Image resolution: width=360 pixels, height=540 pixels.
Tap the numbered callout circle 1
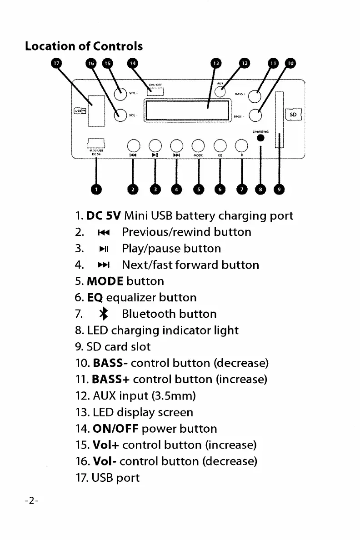tap(95, 189)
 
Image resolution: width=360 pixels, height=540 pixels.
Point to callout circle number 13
tap(216, 64)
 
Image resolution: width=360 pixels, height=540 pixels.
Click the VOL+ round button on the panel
tap(120, 94)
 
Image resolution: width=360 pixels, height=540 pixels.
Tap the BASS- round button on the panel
tap(255, 116)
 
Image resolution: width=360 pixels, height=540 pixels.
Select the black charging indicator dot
tap(260, 138)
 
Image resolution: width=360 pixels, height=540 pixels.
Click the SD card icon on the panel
tap(293, 115)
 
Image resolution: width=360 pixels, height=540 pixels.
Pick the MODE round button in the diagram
tap(198, 145)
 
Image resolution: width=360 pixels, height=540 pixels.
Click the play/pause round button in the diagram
tap(155, 145)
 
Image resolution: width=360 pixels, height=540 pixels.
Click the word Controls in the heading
tap(118, 46)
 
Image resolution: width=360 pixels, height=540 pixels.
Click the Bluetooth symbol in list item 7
tap(105, 314)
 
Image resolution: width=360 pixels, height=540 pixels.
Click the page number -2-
tap(32, 500)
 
